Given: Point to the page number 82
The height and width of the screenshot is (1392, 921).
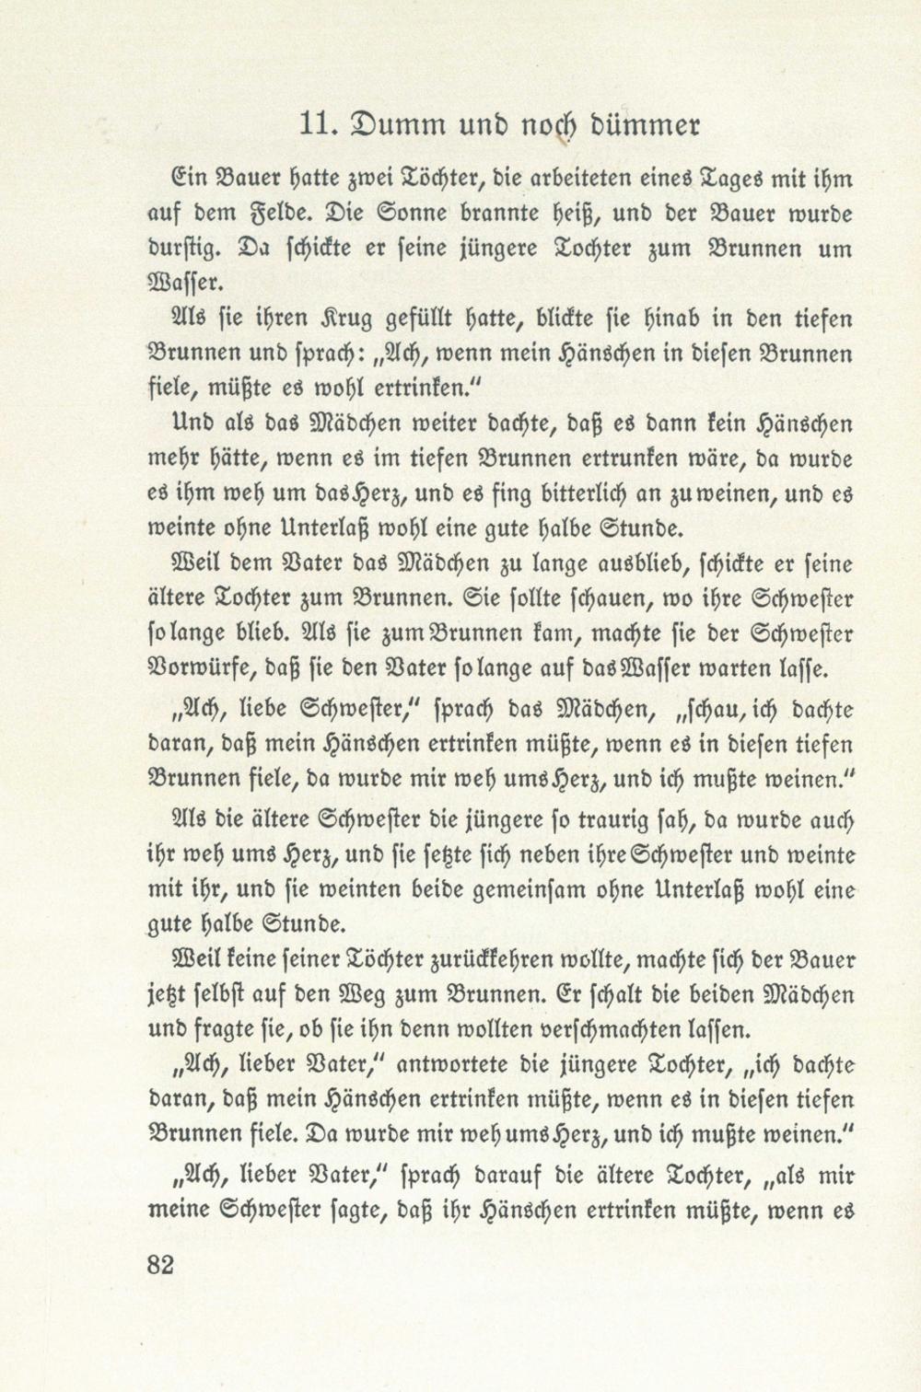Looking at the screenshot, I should pyautogui.click(x=160, y=1263).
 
